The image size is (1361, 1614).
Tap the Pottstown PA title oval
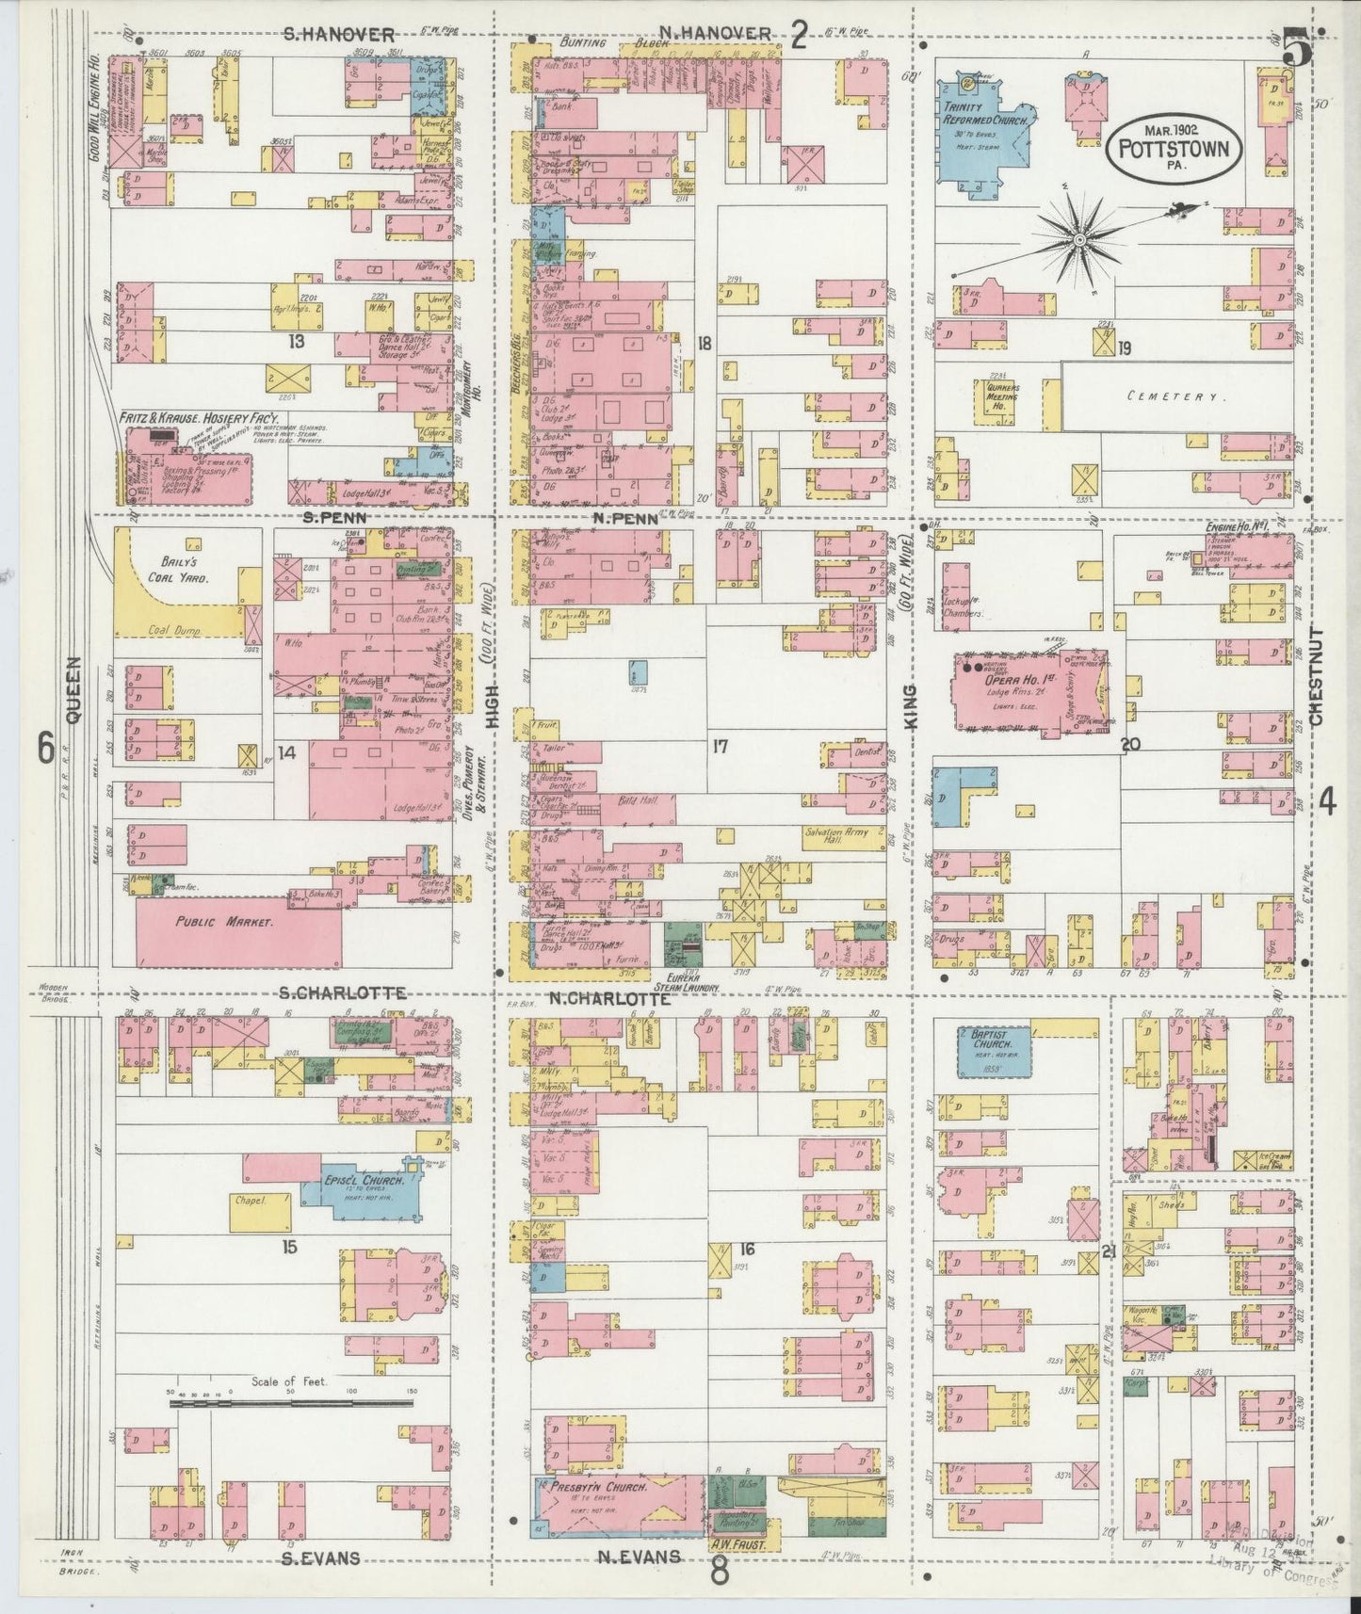[1174, 149]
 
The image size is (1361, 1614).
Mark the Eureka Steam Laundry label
[690, 984]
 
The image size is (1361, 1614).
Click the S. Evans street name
[320, 1558]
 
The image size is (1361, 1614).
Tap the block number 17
[721, 748]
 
